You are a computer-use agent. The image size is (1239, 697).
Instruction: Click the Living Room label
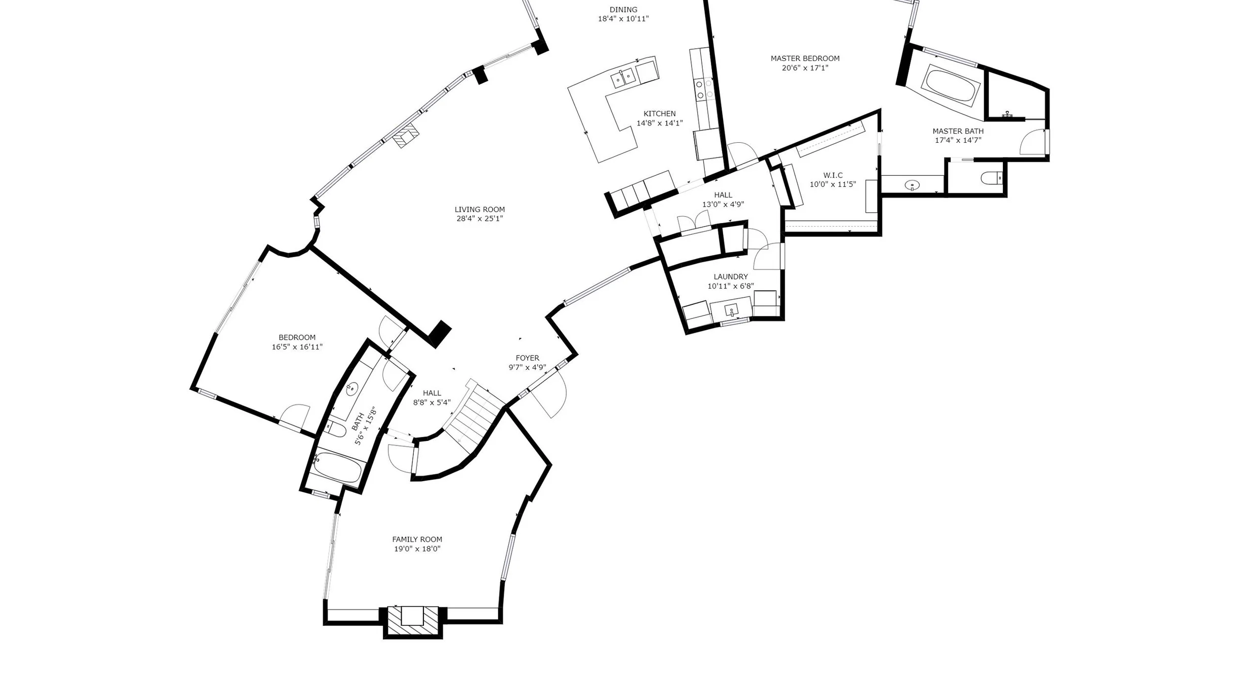pyautogui.click(x=479, y=209)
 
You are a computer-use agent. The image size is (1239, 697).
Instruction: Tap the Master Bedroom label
pyautogui.click(x=805, y=58)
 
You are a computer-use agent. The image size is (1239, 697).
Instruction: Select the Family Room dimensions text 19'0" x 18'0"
pyautogui.click(x=417, y=549)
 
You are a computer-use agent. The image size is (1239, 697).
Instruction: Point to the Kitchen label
pyautogui.click(x=660, y=114)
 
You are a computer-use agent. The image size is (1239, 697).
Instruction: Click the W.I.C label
pyautogui.click(x=833, y=175)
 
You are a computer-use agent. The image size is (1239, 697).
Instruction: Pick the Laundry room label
pyautogui.click(x=731, y=277)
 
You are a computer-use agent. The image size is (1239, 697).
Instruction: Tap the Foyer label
pyautogui.click(x=527, y=358)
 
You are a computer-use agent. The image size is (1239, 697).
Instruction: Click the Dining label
pyautogui.click(x=623, y=10)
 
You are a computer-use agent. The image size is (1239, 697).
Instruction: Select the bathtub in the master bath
pyautogui.click(x=952, y=86)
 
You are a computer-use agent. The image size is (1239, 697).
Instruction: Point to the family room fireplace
pyautogui.click(x=412, y=621)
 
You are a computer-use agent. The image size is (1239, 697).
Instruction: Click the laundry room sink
pyautogui.click(x=731, y=310)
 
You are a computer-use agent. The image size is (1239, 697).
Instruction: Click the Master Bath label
pyautogui.click(x=958, y=131)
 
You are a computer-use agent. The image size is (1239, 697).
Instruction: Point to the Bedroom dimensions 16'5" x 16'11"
pyautogui.click(x=297, y=347)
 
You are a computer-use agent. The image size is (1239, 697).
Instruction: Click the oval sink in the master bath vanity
pyautogui.click(x=912, y=185)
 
